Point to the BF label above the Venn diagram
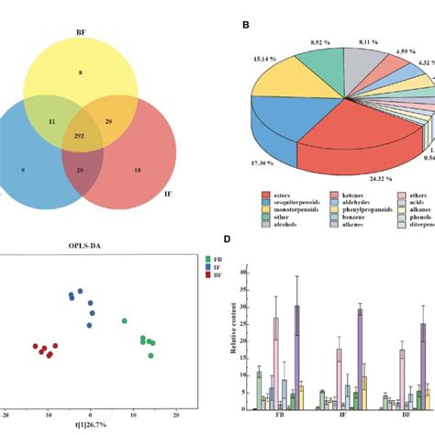coord(92,30)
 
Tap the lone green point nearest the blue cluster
coord(124,321)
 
